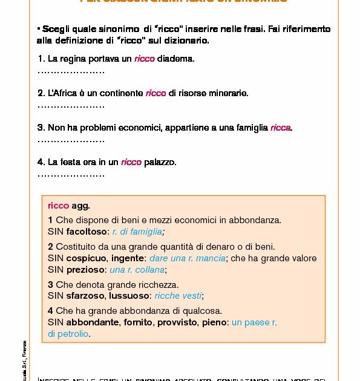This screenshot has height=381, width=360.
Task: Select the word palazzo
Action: click(160, 162)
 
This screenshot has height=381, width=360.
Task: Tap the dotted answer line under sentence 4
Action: click(71, 175)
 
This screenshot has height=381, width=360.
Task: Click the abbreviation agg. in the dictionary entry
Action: click(80, 206)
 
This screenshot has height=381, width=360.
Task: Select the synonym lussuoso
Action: click(130, 296)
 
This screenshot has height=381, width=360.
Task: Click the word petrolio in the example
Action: click(73, 334)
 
